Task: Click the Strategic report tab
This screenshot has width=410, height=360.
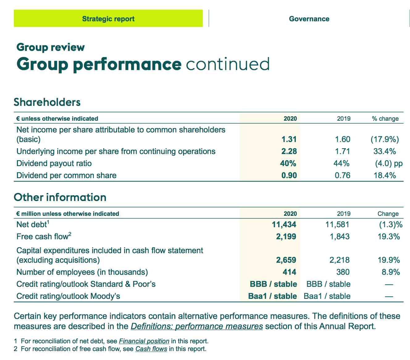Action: (x=108, y=19)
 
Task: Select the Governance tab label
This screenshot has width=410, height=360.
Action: (x=309, y=19)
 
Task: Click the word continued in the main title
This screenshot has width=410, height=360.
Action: (x=228, y=64)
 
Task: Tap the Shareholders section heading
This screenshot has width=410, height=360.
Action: (x=47, y=102)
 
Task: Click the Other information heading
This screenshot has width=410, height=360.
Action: (x=60, y=197)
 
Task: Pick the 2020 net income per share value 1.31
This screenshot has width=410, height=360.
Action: (x=289, y=139)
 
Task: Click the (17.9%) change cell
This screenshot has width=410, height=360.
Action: (x=385, y=139)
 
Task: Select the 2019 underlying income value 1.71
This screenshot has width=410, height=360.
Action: (x=342, y=151)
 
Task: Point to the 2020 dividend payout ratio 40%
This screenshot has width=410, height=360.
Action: (x=288, y=163)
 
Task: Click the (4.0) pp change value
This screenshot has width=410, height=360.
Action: (x=389, y=164)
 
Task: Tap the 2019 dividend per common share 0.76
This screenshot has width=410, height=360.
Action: (x=342, y=175)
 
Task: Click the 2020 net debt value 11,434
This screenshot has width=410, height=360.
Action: (x=284, y=224)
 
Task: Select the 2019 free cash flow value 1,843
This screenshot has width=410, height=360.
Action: (x=340, y=237)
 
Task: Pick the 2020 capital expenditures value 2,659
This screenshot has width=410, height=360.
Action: (x=286, y=260)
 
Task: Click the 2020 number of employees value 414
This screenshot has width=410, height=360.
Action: (x=289, y=272)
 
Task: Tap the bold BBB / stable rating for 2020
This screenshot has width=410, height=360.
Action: (x=274, y=284)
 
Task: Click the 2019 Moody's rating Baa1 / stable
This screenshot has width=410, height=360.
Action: (x=327, y=296)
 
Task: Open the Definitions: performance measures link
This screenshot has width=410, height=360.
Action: (x=197, y=326)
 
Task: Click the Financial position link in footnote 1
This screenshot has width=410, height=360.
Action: (x=144, y=341)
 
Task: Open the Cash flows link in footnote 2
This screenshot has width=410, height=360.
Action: (x=151, y=349)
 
